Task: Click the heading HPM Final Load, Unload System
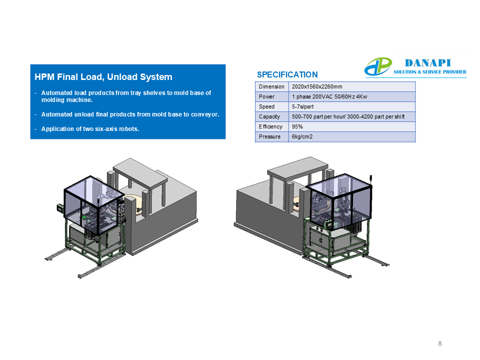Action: tap(103, 77)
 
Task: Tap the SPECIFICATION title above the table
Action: tap(287, 74)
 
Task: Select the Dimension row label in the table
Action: tap(271, 86)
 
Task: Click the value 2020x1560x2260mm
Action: tap(317, 86)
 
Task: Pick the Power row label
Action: tap(266, 96)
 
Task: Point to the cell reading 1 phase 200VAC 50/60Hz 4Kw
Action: tap(329, 96)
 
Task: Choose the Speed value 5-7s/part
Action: tap(303, 106)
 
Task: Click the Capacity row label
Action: tap(269, 116)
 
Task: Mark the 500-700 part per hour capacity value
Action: tap(348, 116)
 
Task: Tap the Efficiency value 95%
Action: tap(297, 126)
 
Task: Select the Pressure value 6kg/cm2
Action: tap(302, 136)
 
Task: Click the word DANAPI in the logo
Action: tap(427, 63)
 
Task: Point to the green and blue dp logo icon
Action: tap(378, 66)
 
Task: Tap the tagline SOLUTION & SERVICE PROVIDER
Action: tap(430, 72)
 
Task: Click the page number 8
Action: tap(440, 343)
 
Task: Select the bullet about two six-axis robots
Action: tap(90, 129)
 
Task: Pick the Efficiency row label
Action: tap(270, 126)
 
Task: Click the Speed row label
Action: tap(266, 106)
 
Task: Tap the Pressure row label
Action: tap(269, 136)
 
